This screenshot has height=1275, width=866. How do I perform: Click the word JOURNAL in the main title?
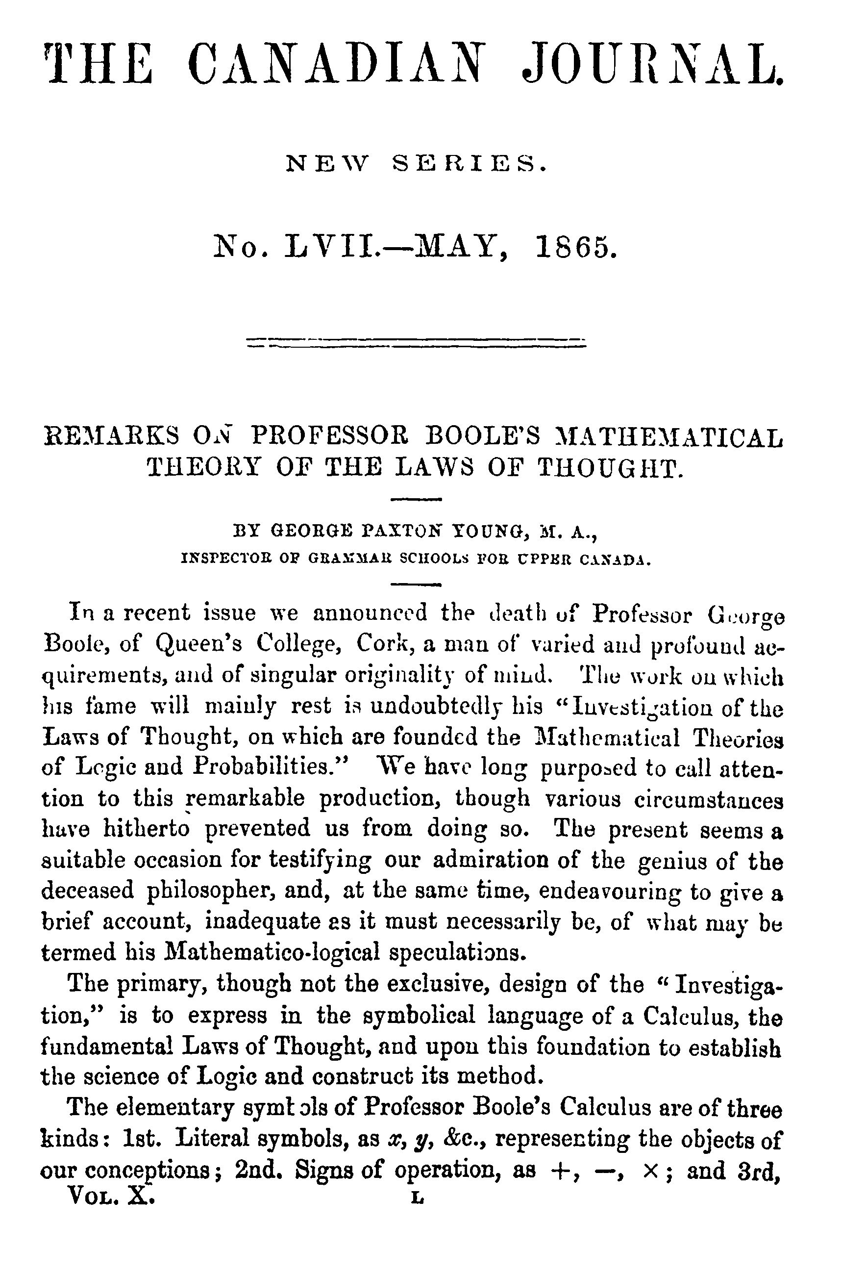click(653, 65)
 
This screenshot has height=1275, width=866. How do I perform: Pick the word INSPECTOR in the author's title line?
click(225, 560)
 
